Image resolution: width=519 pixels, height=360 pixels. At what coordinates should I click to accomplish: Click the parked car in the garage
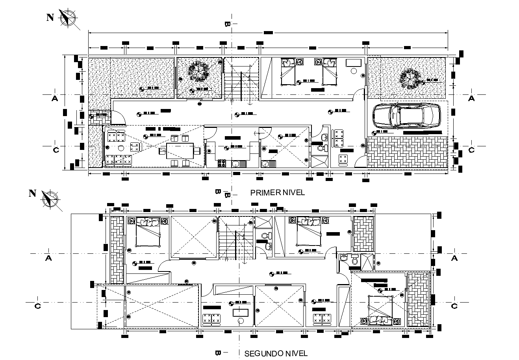coord(406,116)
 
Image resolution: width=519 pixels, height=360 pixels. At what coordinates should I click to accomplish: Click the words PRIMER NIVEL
coord(278,192)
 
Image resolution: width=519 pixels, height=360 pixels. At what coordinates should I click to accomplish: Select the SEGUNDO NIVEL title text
coord(276,353)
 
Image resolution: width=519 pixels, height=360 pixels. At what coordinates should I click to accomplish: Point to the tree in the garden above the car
coord(410,79)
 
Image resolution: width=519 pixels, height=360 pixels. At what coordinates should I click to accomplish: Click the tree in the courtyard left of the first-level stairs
coord(198,72)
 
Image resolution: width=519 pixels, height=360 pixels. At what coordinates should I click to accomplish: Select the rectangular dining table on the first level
coord(180,150)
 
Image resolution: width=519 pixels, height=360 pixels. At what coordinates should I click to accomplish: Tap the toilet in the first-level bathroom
coord(322,148)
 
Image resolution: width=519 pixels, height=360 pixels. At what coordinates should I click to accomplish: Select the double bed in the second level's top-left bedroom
coord(148,232)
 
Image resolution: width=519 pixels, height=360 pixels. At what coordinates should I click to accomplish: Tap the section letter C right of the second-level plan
coord(454,306)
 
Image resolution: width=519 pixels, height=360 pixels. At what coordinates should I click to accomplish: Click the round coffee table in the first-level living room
coord(121,148)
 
